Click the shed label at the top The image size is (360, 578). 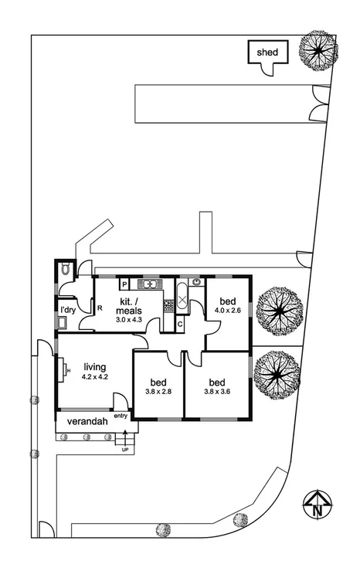[x=267, y=52]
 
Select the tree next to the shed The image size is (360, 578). [x=318, y=51]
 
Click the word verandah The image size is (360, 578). [x=86, y=422]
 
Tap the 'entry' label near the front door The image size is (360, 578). [x=121, y=416]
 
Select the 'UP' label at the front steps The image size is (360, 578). [x=125, y=448]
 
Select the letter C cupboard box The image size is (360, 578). [x=179, y=324]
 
